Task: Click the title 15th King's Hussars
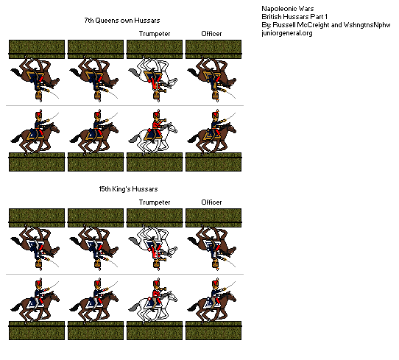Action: (124, 189)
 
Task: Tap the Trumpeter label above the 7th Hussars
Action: (154, 33)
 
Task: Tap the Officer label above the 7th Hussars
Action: (212, 33)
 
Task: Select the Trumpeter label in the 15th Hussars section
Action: (154, 202)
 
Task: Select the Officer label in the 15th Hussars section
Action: (212, 202)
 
